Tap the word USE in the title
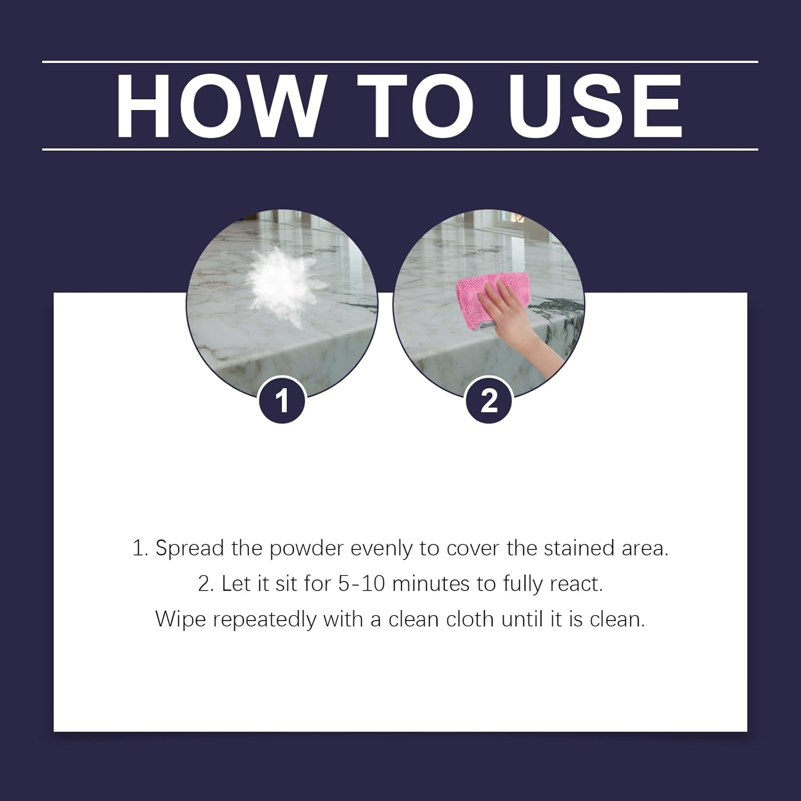coord(595,106)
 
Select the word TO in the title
coord(415,106)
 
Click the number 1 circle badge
coord(282,400)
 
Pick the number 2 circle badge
coord(489,400)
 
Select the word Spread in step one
coord(190,549)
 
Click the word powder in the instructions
coord(306,549)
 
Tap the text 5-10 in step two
coord(362,584)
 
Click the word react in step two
coord(576,584)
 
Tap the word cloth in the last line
coord(470,619)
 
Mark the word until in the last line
coord(520,619)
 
